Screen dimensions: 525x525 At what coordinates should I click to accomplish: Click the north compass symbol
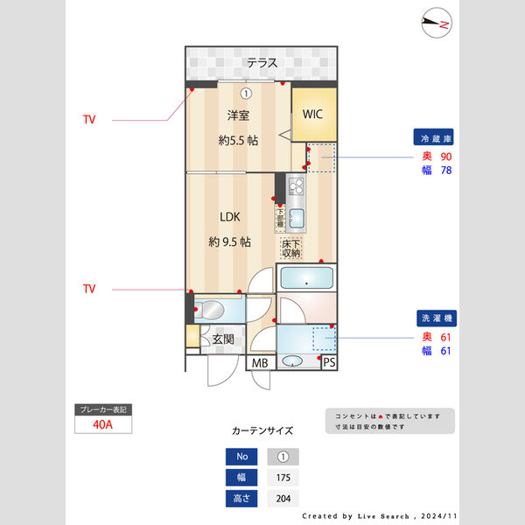point(435,24)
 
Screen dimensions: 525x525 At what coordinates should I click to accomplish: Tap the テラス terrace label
point(262,63)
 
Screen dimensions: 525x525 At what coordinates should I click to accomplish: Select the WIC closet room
point(312,114)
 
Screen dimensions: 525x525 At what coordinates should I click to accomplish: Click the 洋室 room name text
point(239,115)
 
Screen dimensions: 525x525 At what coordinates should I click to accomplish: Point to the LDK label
point(230,217)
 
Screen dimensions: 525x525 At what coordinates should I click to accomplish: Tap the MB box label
point(260,362)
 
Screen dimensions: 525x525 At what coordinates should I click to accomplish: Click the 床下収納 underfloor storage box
point(290,248)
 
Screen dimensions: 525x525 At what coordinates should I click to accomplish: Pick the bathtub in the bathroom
point(305,280)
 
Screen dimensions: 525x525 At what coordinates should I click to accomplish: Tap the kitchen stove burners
point(296,186)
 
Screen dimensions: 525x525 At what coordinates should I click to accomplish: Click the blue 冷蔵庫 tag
point(437,138)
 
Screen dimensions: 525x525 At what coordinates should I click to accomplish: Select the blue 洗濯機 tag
point(437,318)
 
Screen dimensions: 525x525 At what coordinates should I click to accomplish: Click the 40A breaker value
point(102,424)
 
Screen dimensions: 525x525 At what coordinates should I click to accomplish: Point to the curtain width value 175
point(282,478)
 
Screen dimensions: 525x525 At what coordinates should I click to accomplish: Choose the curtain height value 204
point(282,499)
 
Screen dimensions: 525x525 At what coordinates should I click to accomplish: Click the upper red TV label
point(89,118)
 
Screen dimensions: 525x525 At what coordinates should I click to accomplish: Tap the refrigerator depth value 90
point(445,156)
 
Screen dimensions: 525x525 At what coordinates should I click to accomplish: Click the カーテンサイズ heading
point(262,431)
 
